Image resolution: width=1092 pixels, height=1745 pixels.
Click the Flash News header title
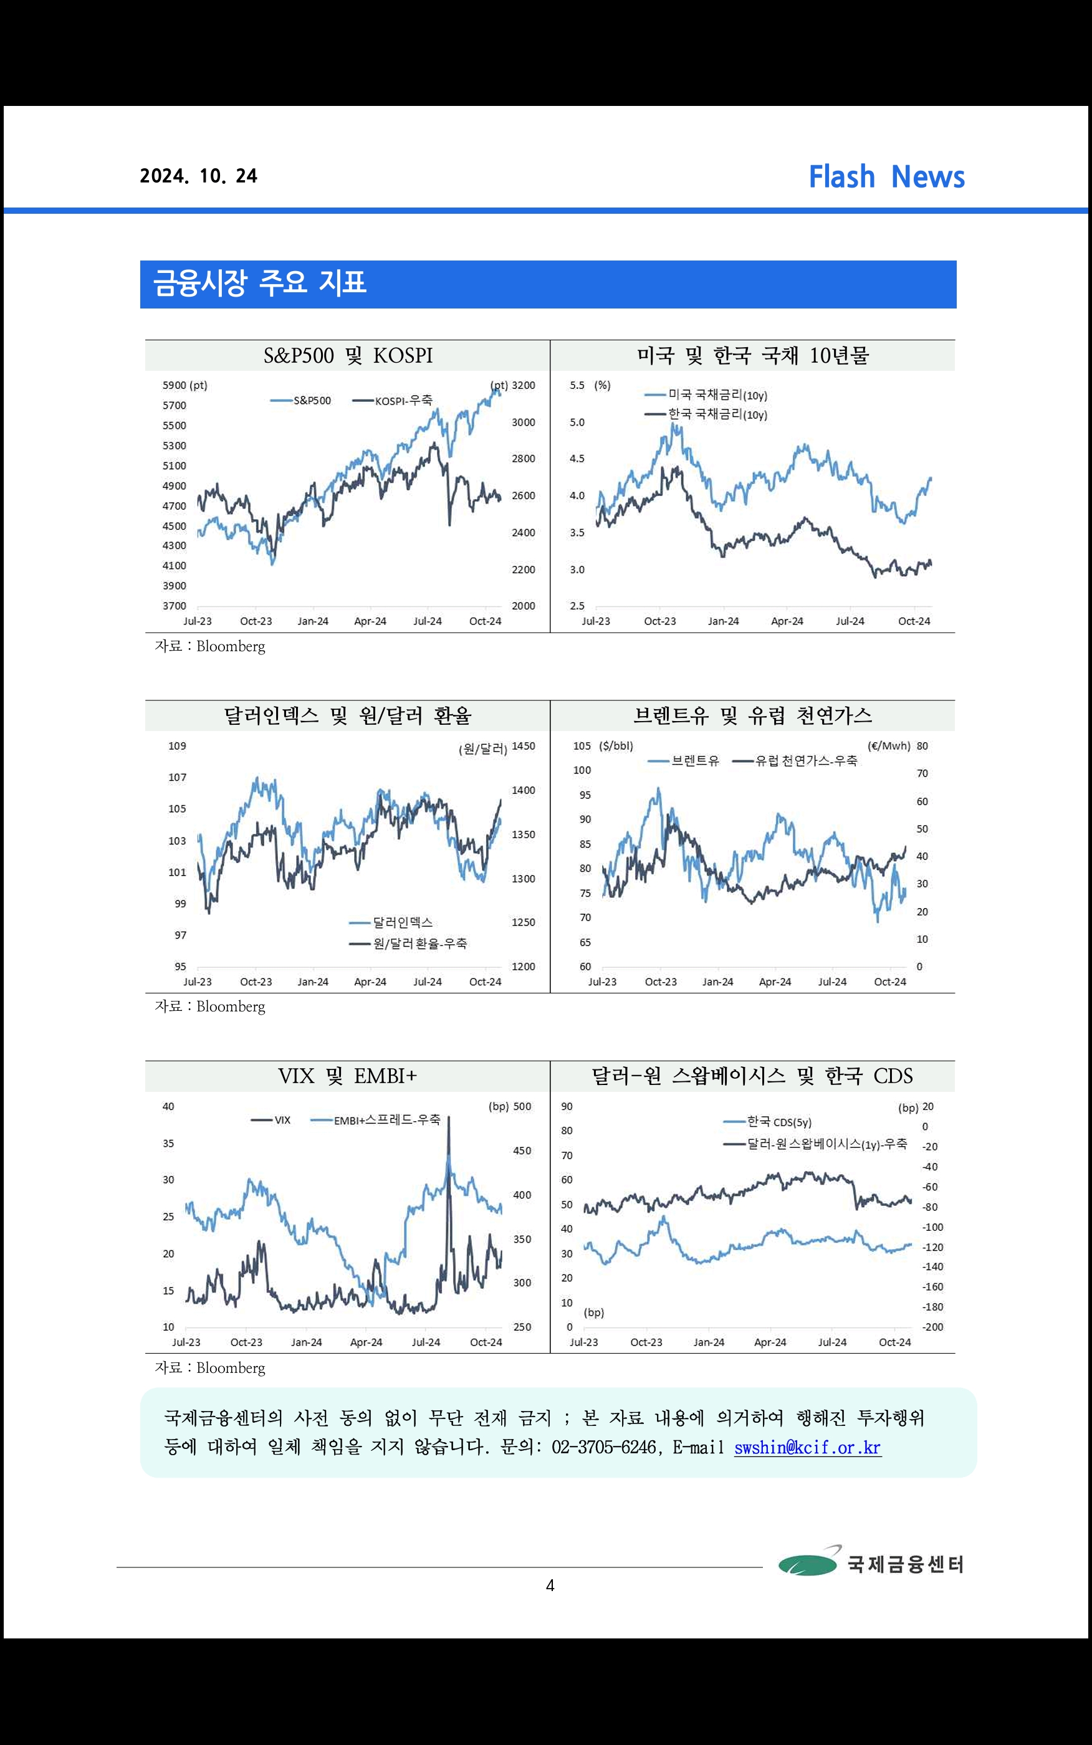[x=886, y=177]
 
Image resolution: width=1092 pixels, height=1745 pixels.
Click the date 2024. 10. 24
[x=199, y=176]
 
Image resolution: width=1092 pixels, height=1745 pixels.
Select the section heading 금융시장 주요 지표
[x=260, y=283]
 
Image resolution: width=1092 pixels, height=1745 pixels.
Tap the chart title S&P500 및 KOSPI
[x=347, y=356]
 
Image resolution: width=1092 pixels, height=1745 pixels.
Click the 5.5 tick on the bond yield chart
[x=577, y=386]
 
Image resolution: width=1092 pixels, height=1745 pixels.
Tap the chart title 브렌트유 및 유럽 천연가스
[x=752, y=715]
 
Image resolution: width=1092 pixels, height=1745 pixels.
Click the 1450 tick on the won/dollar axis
[x=523, y=747]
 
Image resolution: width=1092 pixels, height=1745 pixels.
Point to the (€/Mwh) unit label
[x=888, y=747]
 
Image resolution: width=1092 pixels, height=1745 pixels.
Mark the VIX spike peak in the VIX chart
[x=449, y=1118]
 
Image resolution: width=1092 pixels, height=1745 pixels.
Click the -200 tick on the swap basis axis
[x=932, y=1327]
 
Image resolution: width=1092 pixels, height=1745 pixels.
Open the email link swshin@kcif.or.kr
[x=807, y=1448]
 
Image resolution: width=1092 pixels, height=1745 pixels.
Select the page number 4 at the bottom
[x=550, y=1586]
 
